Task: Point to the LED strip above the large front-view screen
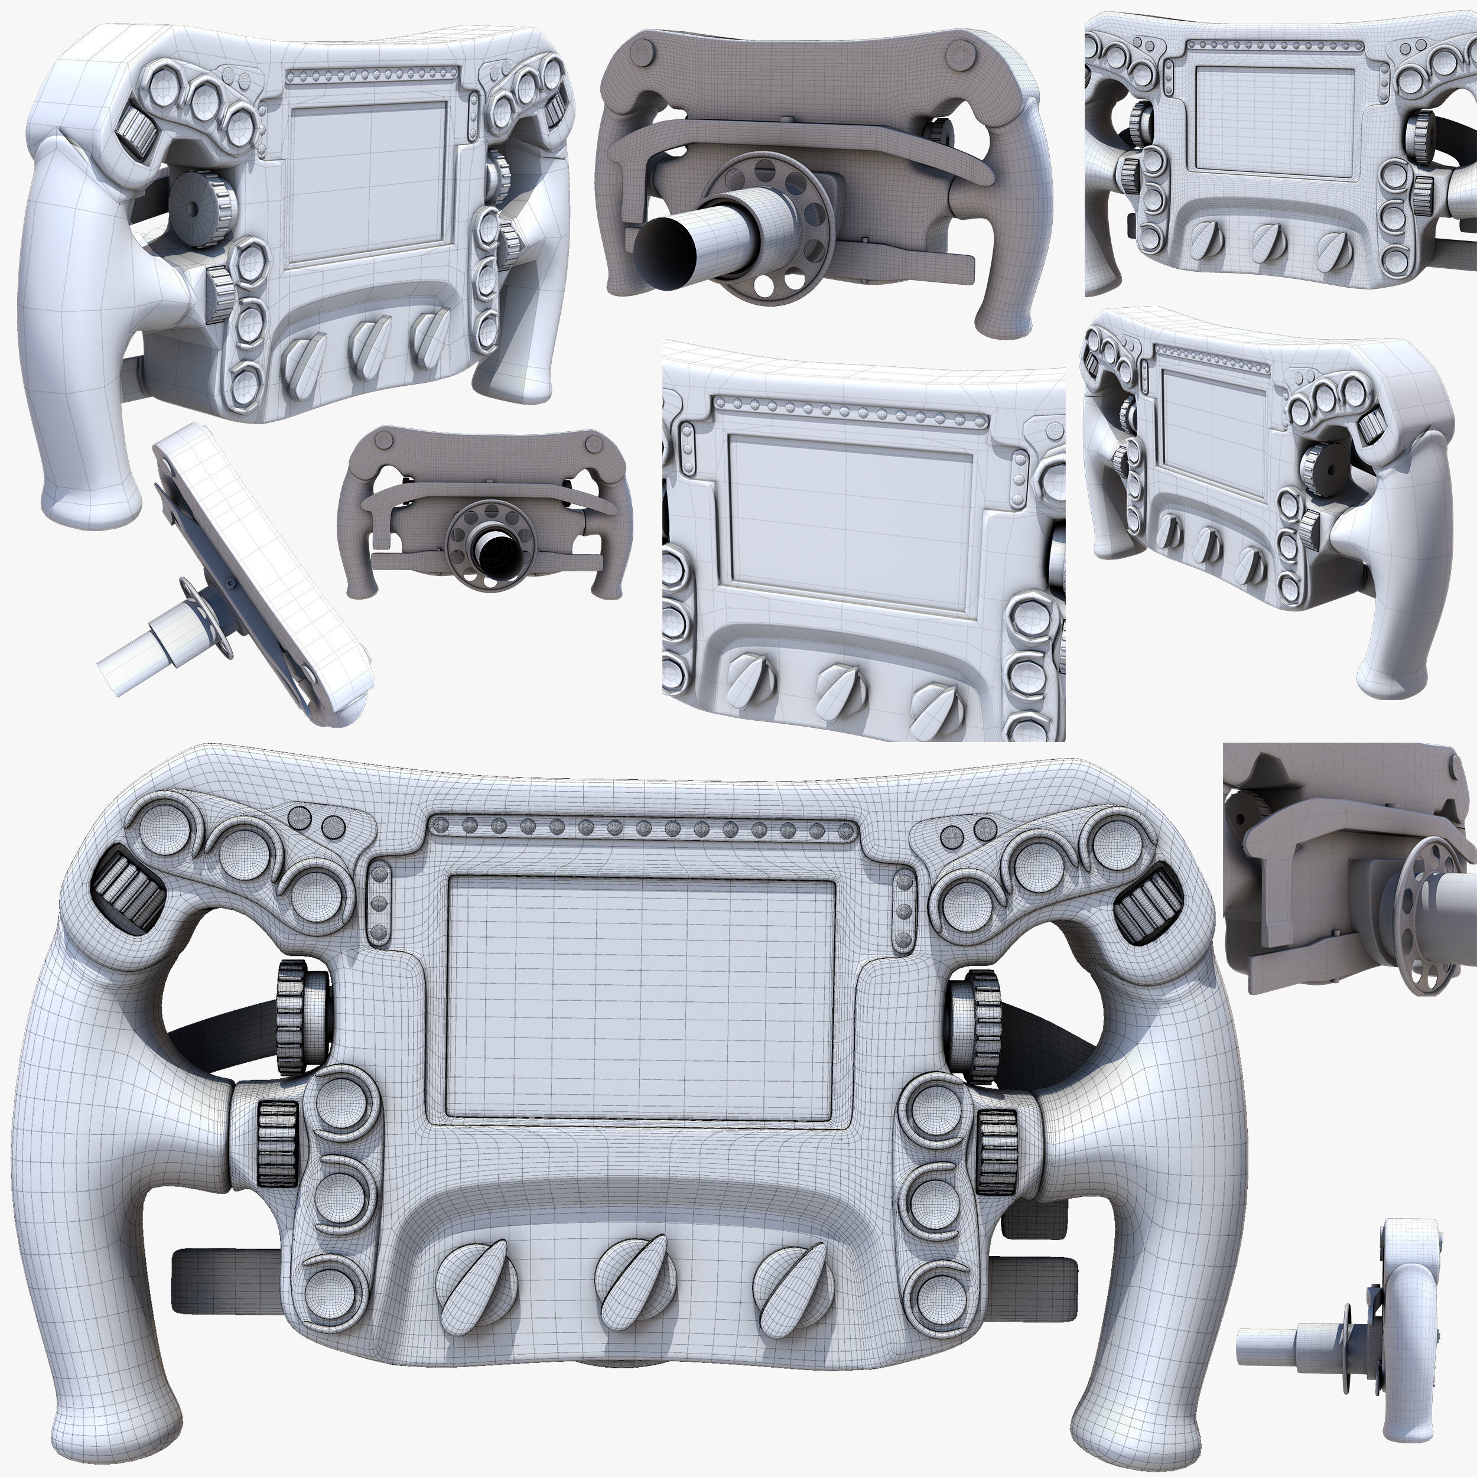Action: tap(640, 827)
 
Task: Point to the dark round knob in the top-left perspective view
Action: tap(191, 206)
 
